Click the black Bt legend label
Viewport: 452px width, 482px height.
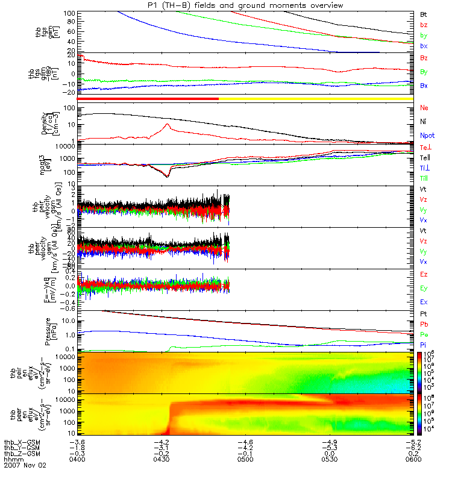pos(424,14)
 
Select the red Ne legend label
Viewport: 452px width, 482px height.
pos(424,108)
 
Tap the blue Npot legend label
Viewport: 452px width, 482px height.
pos(427,136)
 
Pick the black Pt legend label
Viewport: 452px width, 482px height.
pos(424,315)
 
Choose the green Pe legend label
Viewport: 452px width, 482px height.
pos(424,334)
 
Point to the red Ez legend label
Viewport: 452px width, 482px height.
pos(424,274)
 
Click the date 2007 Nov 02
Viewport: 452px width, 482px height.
pos(25,466)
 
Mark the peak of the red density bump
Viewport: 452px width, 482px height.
pos(168,124)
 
